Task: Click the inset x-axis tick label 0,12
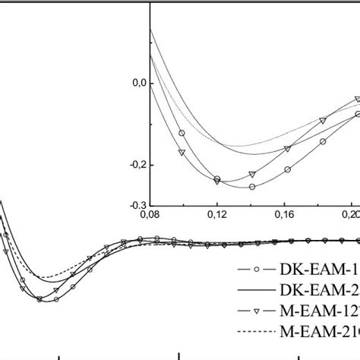(x=218, y=215)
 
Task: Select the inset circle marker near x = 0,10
(x=182, y=133)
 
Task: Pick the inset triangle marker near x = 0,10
(x=182, y=152)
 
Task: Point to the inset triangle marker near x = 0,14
(x=252, y=174)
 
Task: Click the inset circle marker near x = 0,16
(x=287, y=169)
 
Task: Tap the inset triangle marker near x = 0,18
(x=323, y=120)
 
